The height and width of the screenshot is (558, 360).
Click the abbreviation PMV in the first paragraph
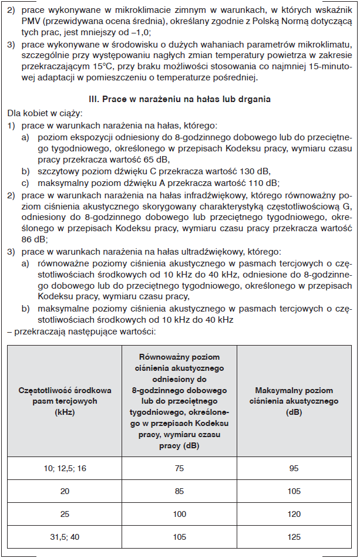(31, 23)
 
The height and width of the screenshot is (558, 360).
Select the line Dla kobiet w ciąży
(45, 113)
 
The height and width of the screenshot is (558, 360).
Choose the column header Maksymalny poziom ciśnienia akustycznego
(294, 401)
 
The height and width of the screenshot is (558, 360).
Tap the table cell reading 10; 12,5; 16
(65, 468)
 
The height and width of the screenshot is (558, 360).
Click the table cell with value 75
(179, 468)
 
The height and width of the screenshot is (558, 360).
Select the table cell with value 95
(294, 468)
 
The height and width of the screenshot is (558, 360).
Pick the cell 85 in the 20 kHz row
(179, 491)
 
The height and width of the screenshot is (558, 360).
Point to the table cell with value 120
(294, 514)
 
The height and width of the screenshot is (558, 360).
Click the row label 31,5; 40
(65, 537)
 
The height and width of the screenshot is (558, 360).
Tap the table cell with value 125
(294, 537)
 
